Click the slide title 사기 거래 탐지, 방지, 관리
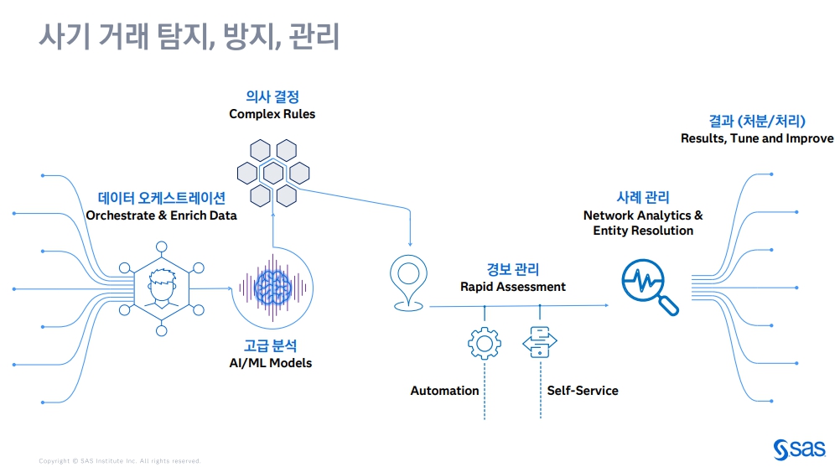189,37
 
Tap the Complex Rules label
272,114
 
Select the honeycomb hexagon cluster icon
273,173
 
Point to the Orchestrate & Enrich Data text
161,215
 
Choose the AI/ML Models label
270,363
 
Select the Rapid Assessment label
512,287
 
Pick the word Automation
444,391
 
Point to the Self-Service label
583,391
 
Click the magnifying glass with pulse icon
648,286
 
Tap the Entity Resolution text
643,231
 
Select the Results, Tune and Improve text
756,138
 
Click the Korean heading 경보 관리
512,269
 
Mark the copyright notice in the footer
119,460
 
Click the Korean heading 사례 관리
643,197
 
